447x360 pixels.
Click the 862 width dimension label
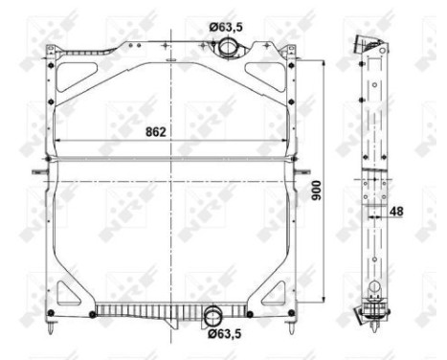156,131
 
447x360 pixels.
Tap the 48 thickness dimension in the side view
395,214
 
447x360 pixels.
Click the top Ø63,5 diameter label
227,27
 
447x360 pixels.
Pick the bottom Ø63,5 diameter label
227,335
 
